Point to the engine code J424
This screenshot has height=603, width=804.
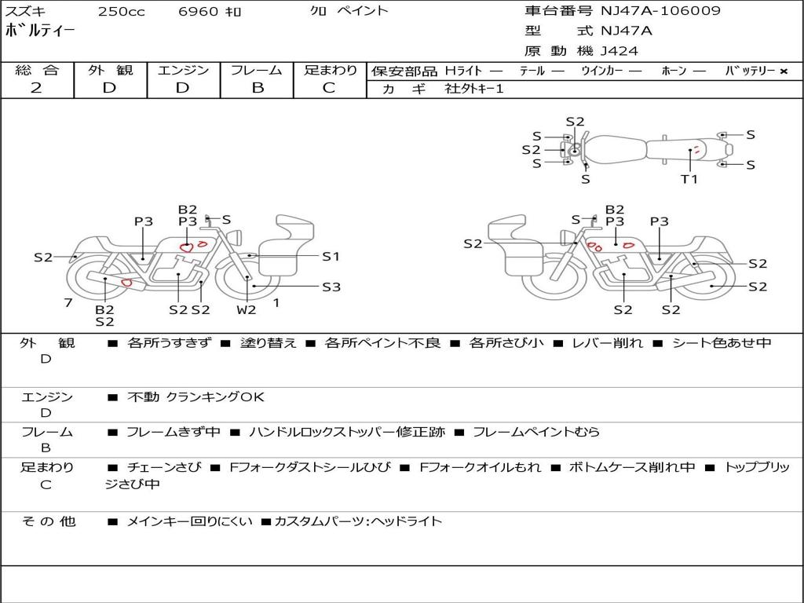coord(619,51)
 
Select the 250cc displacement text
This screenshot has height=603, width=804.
coord(121,11)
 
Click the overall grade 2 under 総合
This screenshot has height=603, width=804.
coord(36,87)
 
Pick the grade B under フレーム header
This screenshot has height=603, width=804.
coord(257,87)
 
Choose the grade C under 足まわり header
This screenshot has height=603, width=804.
coord(329,87)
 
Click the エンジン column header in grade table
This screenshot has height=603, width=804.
coord(183,70)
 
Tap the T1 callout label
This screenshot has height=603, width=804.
coord(689,179)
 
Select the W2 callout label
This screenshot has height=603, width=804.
coord(247,309)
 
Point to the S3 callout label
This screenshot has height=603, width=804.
coord(331,287)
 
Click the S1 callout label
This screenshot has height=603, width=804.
coord(331,256)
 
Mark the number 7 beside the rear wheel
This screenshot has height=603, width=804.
coord(68,302)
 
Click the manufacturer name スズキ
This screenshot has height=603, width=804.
coord(24,11)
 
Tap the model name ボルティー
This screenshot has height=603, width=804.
coord(40,31)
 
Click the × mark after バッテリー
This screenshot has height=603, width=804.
coord(783,71)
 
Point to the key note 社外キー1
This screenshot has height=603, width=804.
coord(474,89)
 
